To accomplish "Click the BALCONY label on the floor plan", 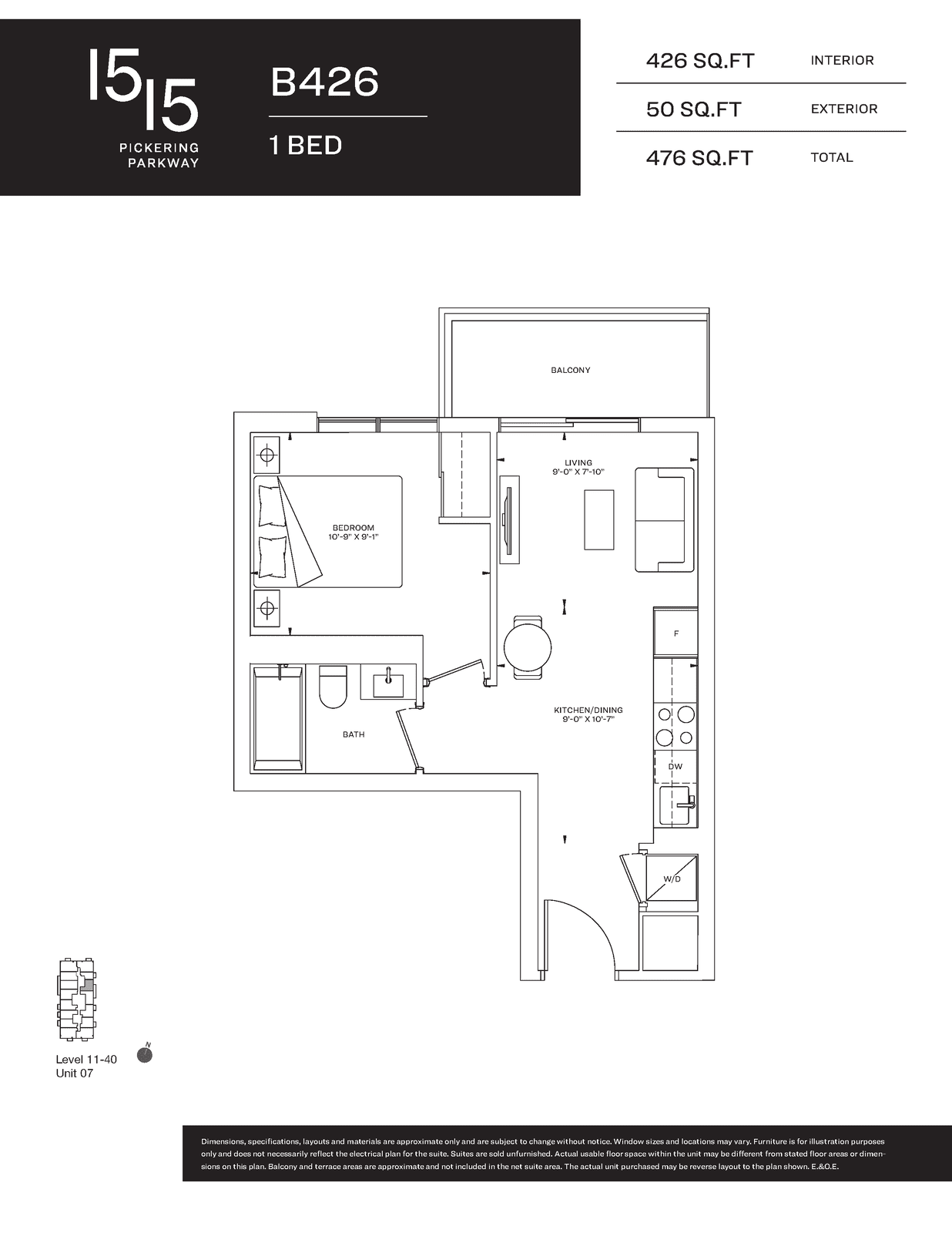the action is point(571,370).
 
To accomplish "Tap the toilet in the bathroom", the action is point(333,687).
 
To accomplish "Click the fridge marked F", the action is point(675,632).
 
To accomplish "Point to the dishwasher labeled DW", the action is point(675,767).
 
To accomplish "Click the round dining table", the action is point(528,647).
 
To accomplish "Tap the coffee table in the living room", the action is point(598,519).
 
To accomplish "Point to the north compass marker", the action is point(145,1053).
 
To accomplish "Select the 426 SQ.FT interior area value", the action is point(700,61).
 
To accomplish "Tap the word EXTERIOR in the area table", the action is point(843,109).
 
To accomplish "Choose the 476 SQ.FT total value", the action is point(699,158).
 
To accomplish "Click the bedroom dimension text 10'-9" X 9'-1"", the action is point(354,537).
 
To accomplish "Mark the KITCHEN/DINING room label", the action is point(588,710).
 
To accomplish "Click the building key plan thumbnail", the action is point(76,1000).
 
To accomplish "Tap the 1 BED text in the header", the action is point(306,146).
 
